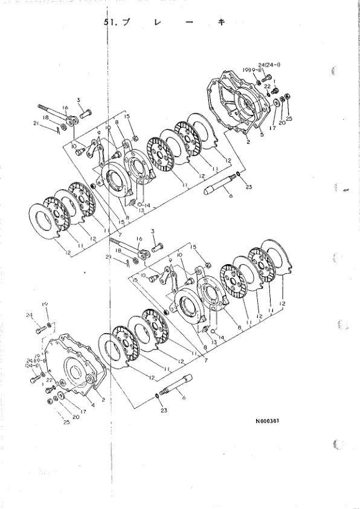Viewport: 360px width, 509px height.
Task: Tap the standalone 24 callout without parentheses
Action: coord(28,315)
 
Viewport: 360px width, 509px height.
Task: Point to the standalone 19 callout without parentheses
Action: coord(44,304)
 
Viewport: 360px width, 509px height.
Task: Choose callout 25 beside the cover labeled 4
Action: coord(66,422)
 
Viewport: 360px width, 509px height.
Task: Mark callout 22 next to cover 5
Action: coord(266,86)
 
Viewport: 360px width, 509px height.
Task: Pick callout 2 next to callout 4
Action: coord(103,400)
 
